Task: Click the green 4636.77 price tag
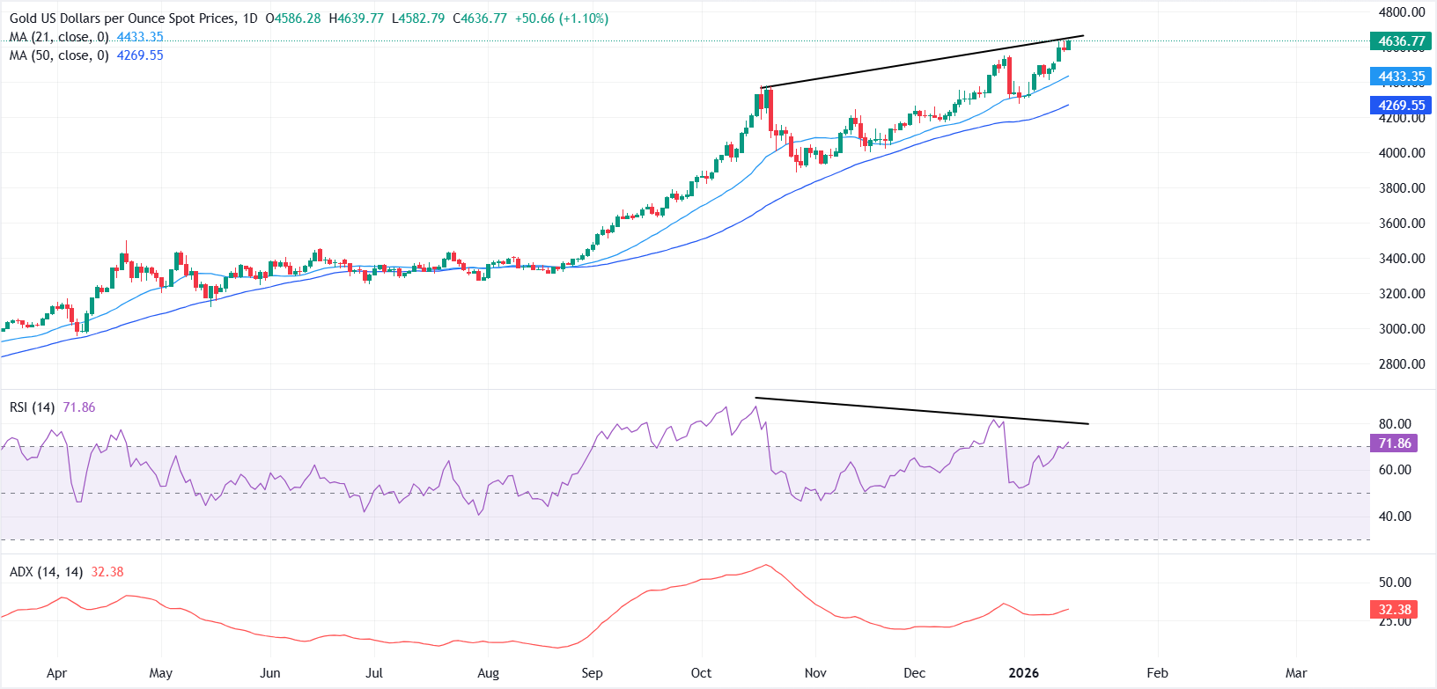[1401, 41]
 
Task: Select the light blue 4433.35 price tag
[1401, 77]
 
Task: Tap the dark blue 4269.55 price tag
[1401, 106]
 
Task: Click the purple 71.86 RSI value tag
[1394, 443]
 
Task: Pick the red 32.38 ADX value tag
[1394, 609]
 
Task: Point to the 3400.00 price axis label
[1401, 259]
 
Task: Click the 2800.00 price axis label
[1401, 364]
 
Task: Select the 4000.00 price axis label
[1401, 153]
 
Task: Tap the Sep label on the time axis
[592, 673]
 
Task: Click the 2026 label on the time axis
[1023, 673]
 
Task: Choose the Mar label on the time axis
[1295, 673]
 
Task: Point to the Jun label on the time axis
[270, 673]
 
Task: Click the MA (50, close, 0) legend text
[59, 55]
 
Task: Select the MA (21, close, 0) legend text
[59, 37]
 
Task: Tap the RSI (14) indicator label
[32, 407]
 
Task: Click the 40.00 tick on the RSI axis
[1395, 517]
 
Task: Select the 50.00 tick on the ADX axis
[1395, 583]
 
